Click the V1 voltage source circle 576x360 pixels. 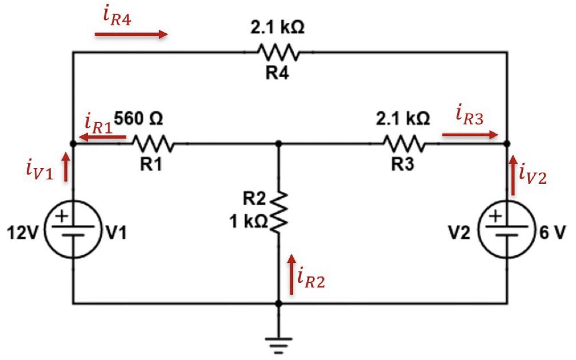[73, 224]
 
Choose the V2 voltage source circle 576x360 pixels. [506, 224]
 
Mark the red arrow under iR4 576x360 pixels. [131, 34]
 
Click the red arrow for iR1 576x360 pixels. [103, 137]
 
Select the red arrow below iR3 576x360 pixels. [470, 135]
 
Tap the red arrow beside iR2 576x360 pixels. [293, 275]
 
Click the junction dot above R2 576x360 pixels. [278, 143]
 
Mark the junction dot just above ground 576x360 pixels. [278, 304]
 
